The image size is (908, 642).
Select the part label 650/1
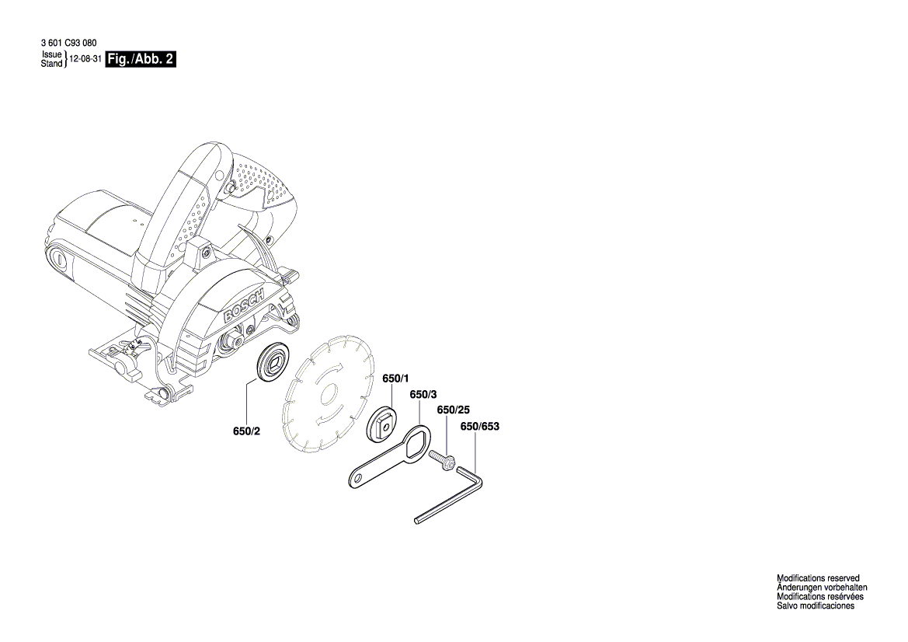coord(395,379)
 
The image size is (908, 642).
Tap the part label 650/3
coord(423,395)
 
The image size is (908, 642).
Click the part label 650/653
coord(479,426)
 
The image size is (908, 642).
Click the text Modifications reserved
coord(818,578)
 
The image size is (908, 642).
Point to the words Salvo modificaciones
coord(816,606)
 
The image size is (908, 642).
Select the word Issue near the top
coord(50,56)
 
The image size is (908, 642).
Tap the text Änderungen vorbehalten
coord(822,588)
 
